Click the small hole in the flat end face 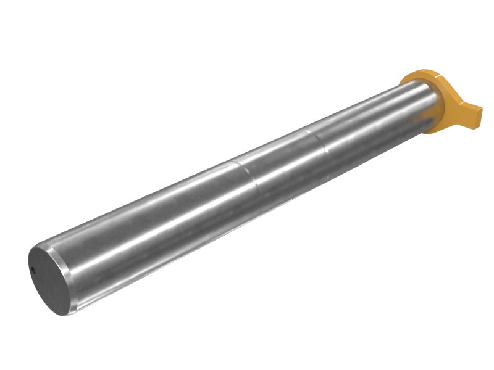[33, 269]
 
